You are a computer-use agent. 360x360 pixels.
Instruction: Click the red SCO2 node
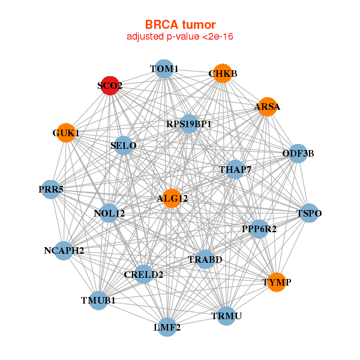coord(110,86)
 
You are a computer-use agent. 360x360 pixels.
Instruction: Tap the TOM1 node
coord(164,69)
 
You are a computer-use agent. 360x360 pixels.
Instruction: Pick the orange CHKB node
coord(223,73)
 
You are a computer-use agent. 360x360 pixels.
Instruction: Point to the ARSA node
coord(267,107)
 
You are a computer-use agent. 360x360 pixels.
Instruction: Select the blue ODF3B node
coord(298,154)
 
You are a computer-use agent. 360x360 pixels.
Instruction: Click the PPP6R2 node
coord(259,229)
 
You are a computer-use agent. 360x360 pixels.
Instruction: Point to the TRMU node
coord(226,316)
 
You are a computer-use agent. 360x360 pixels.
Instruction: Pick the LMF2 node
coord(167,328)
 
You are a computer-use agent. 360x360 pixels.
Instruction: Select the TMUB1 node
coord(98,300)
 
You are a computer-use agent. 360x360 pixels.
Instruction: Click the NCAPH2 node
coord(64,250)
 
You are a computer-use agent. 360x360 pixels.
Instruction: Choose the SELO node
coord(124,146)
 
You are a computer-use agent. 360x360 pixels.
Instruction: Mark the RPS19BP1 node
coord(189,124)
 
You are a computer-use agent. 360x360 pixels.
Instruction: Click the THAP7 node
coord(235,170)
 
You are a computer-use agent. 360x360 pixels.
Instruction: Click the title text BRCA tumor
coord(180,25)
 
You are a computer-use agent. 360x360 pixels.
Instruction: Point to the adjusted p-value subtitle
coord(180,37)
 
